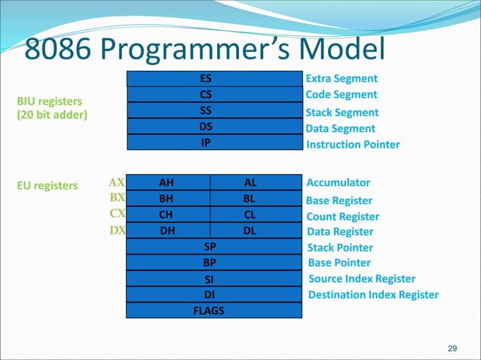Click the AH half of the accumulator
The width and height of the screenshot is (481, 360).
[167, 183]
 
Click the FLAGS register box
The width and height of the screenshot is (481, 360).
[213, 310]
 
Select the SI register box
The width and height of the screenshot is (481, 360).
[213, 279]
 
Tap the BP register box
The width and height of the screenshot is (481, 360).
[213, 263]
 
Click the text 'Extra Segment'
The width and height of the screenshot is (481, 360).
[342, 79]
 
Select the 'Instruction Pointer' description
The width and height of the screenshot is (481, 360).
[353, 145]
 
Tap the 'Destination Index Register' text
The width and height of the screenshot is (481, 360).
[373, 294]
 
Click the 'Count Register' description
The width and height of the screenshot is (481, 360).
[343, 217]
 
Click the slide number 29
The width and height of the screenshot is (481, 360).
[452, 348]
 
